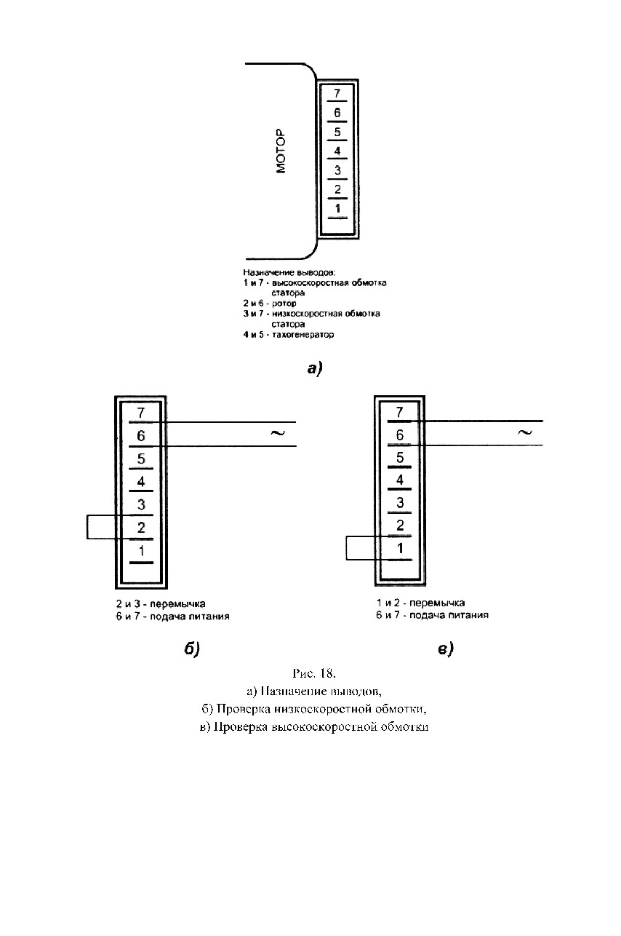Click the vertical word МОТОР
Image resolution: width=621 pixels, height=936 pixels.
click(281, 151)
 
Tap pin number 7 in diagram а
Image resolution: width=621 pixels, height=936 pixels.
click(337, 93)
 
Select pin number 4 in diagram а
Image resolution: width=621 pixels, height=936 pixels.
click(337, 151)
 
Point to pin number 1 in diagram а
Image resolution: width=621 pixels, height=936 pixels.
click(337, 208)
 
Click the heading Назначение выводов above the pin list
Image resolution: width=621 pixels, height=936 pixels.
click(289, 272)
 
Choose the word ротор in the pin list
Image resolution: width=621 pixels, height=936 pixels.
click(284, 304)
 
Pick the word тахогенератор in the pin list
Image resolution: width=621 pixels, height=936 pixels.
click(303, 335)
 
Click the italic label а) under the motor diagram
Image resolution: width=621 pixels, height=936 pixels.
click(315, 368)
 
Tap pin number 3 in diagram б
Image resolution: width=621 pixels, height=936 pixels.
click(141, 504)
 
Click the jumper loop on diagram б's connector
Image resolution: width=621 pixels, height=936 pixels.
click(87, 527)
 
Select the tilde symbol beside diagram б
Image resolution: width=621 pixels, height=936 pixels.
click(278, 433)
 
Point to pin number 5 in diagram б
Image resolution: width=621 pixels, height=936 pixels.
click(141, 459)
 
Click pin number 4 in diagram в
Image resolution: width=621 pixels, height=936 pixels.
click(400, 480)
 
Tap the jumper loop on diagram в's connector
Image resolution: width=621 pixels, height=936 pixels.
click(346, 548)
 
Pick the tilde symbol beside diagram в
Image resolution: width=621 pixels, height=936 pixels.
click(524, 432)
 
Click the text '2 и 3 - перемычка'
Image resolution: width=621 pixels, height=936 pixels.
click(161, 604)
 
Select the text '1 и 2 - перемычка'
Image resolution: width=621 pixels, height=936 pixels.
click(420, 603)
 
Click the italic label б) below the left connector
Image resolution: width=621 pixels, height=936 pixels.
click(192, 649)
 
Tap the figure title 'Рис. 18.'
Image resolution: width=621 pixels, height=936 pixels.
click(314, 673)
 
